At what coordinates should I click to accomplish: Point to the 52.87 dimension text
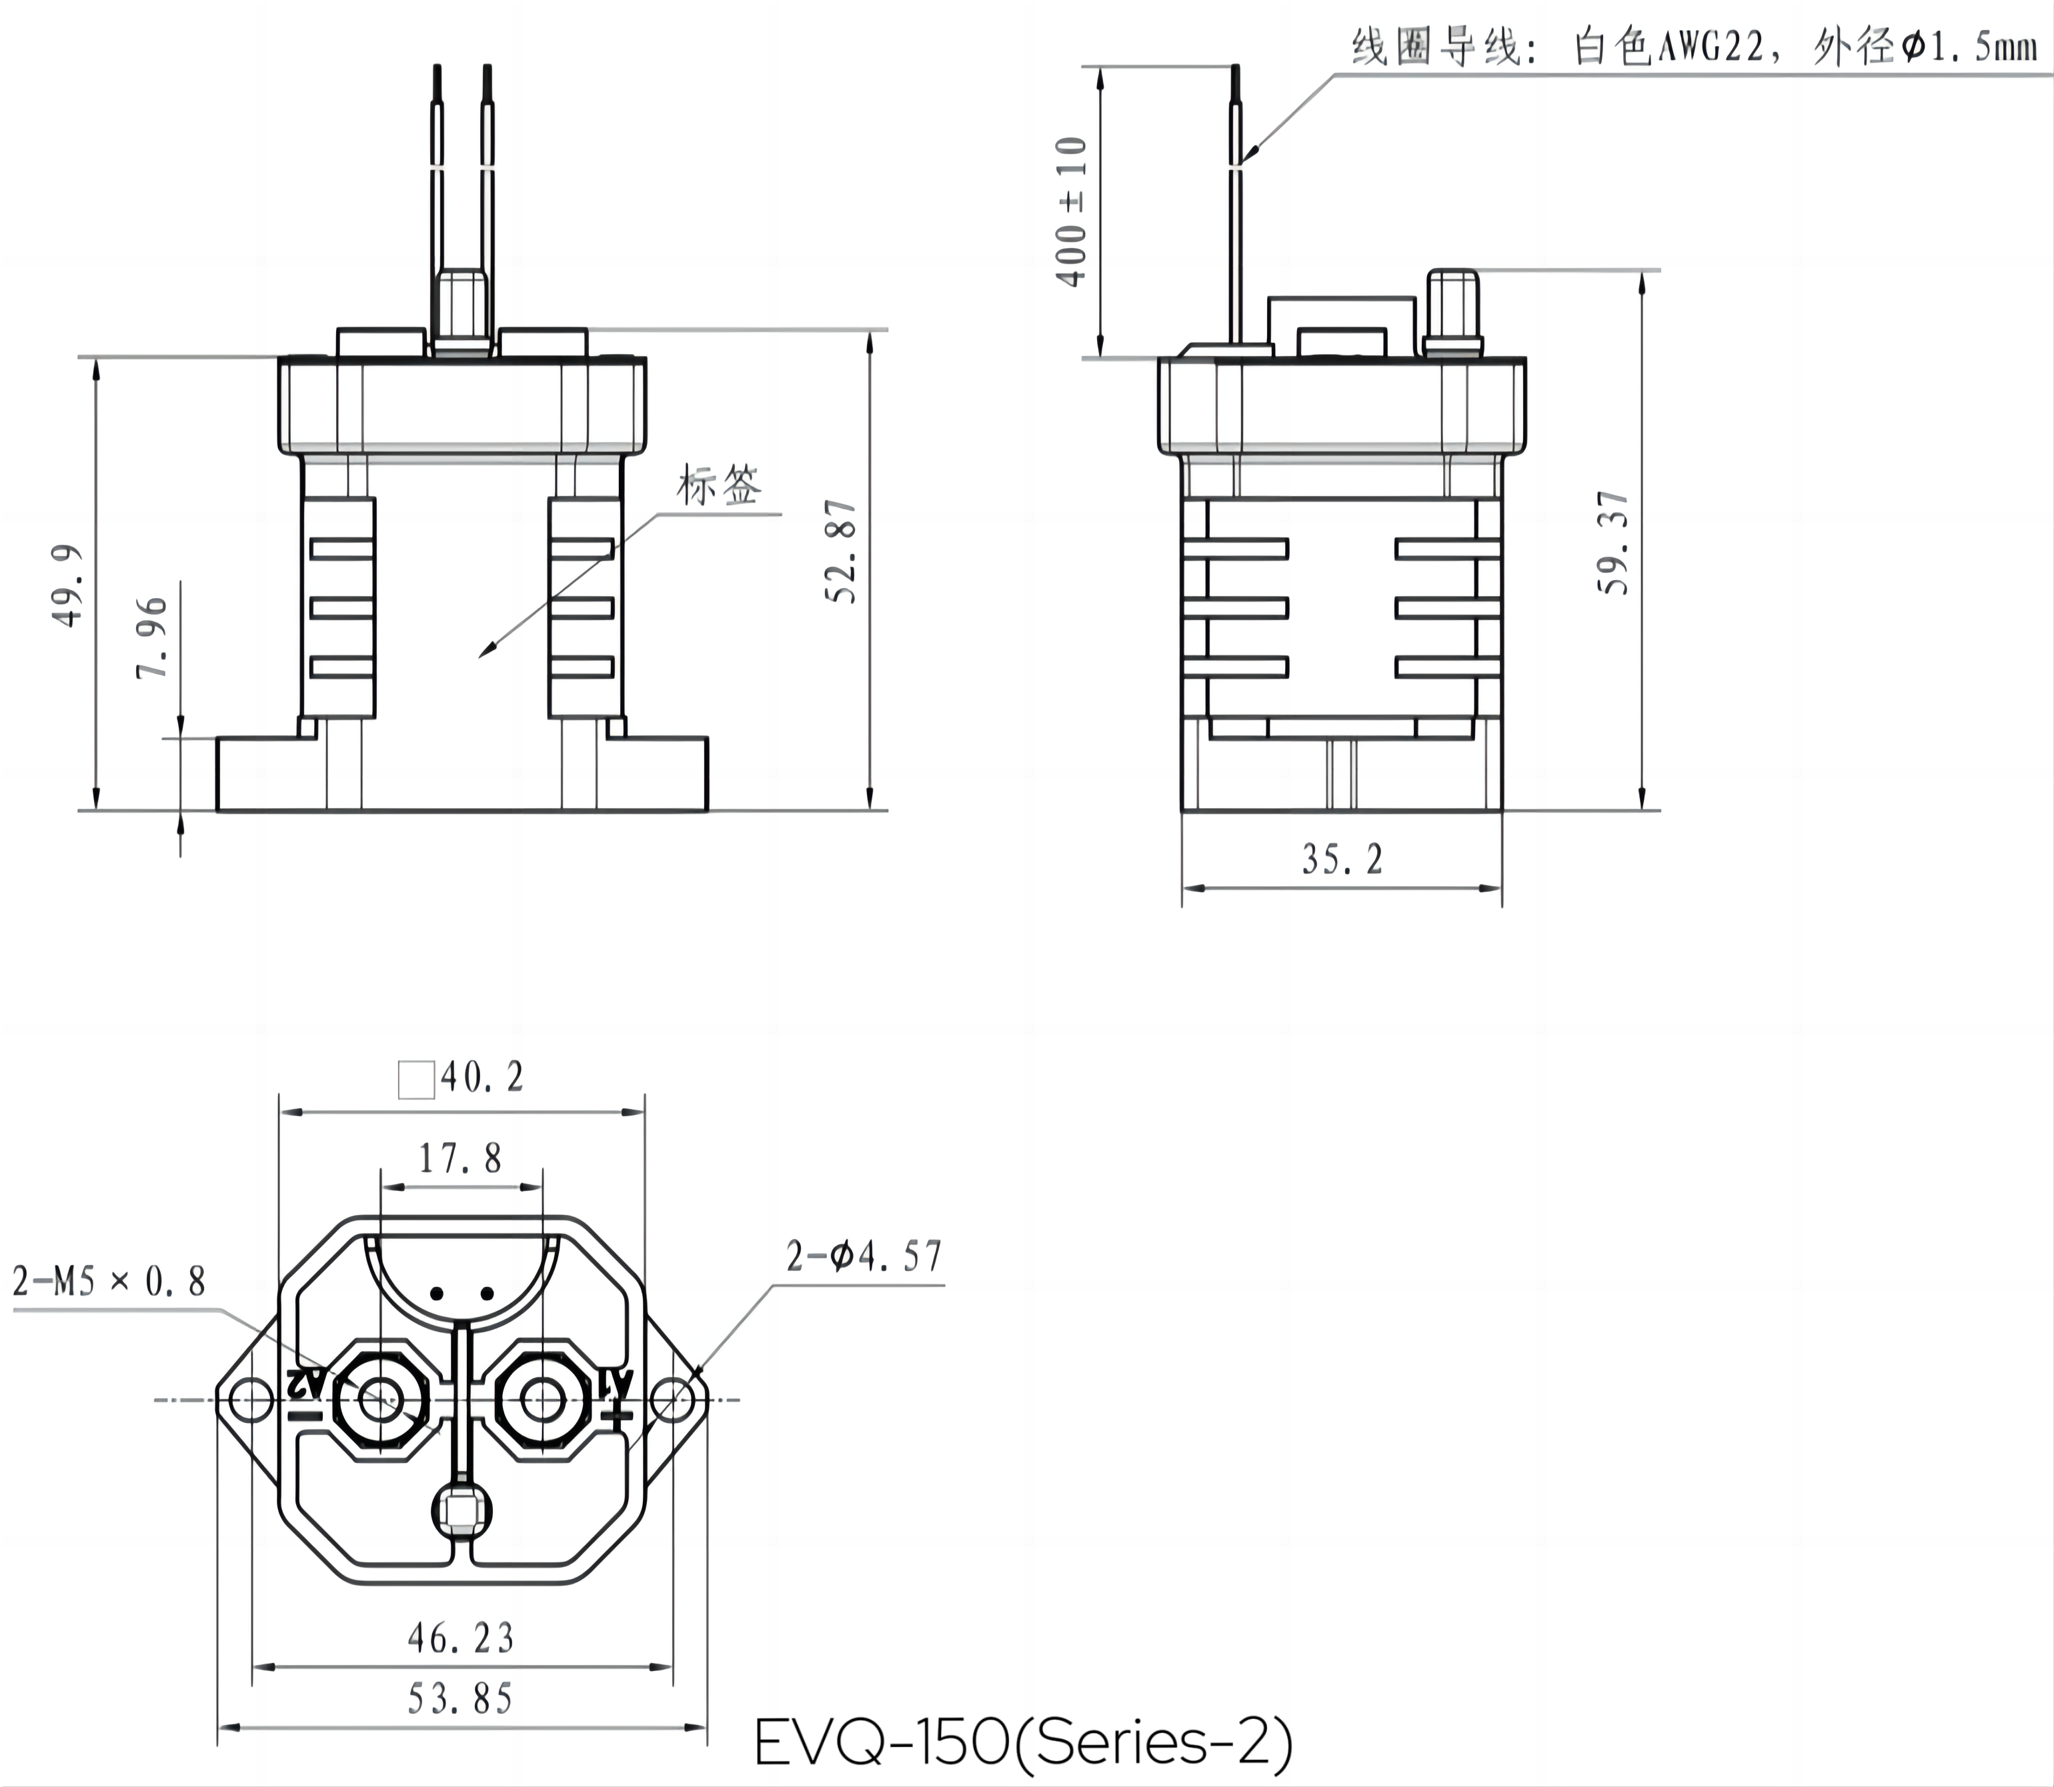point(840,551)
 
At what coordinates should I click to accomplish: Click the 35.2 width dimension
point(1342,859)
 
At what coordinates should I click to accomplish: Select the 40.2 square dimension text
point(481,1077)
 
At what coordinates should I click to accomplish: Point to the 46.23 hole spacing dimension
point(461,1638)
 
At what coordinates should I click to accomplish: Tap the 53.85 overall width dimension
point(461,1699)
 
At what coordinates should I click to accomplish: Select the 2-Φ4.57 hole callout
point(864,1256)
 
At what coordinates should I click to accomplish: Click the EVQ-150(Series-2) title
point(1023,1743)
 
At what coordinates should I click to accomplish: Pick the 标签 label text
point(719,485)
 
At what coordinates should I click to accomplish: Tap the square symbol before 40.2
point(415,1079)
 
